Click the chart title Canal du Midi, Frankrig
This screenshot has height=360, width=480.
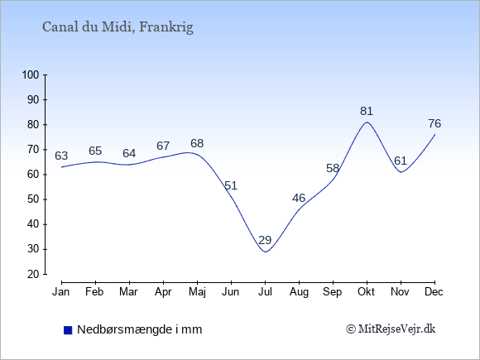[x=118, y=27]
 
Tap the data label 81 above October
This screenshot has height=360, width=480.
[x=367, y=111]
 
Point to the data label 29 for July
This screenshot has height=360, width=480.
[x=265, y=240]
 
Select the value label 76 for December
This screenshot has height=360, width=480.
[x=434, y=123]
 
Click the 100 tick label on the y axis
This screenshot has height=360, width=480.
[x=31, y=74]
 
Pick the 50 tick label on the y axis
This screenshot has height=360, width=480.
[x=33, y=199]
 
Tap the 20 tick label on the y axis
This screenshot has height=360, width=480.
[x=33, y=274]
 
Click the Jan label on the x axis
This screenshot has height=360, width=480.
[x=61, y=292]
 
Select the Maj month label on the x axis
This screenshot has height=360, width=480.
[x=197, y=292]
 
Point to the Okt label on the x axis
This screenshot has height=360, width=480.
[x=366, y=292]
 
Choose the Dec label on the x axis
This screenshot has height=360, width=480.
[x=434, y=292]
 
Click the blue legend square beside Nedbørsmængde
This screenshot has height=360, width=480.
[x=68, y=330]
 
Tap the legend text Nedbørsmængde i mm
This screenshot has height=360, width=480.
[x=140, y=329]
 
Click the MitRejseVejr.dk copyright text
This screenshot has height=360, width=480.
[x=391, y=329]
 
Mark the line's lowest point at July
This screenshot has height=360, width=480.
[x=265, y=252]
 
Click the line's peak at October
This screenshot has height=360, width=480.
[x=367, y=122]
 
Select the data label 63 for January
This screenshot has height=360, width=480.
[x=61, y=156]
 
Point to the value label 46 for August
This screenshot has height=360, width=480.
[x=299, y=199]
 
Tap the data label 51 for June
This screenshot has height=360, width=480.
[x=231, y=186]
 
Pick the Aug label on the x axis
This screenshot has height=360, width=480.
[x=299, y=292]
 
